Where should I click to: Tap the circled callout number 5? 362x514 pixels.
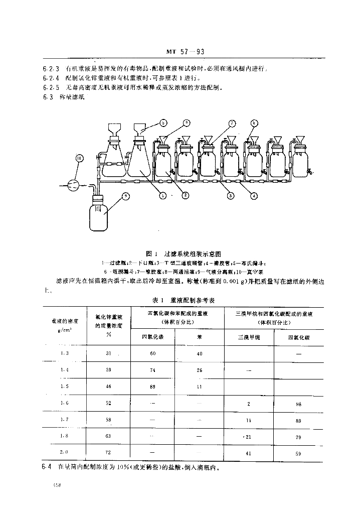click(x=163, y=122)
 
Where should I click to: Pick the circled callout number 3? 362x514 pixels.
click(x=231, y=195)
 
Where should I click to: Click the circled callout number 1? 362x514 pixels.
click(x=163, y=195)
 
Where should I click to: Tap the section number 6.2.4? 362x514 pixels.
click(x=51, y=78)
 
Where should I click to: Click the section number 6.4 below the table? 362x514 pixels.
click(x=47, y=468)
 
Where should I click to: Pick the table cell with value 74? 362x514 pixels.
click(x=153, y=370)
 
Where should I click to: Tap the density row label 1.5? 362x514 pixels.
click(x=64, y=387)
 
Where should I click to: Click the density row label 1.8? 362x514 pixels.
click(x=64, y=436)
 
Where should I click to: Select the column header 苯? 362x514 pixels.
click(x=200, y=337)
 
